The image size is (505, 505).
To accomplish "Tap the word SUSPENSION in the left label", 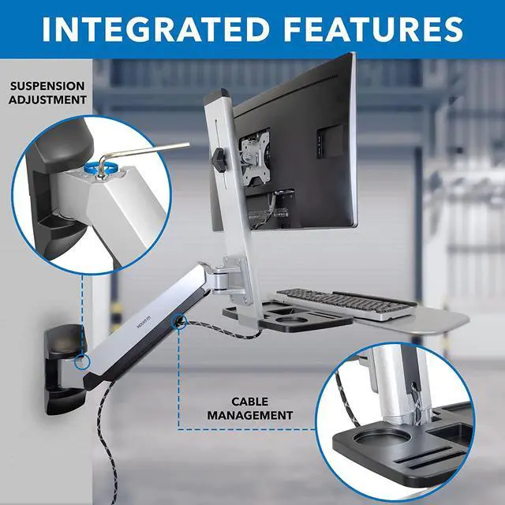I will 48,85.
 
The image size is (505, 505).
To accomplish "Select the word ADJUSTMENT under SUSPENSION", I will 48,99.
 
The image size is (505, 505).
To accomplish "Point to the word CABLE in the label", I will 252,401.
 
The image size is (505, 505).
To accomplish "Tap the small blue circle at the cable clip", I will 181,320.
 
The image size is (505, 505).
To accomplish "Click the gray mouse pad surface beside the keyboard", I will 430,319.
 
